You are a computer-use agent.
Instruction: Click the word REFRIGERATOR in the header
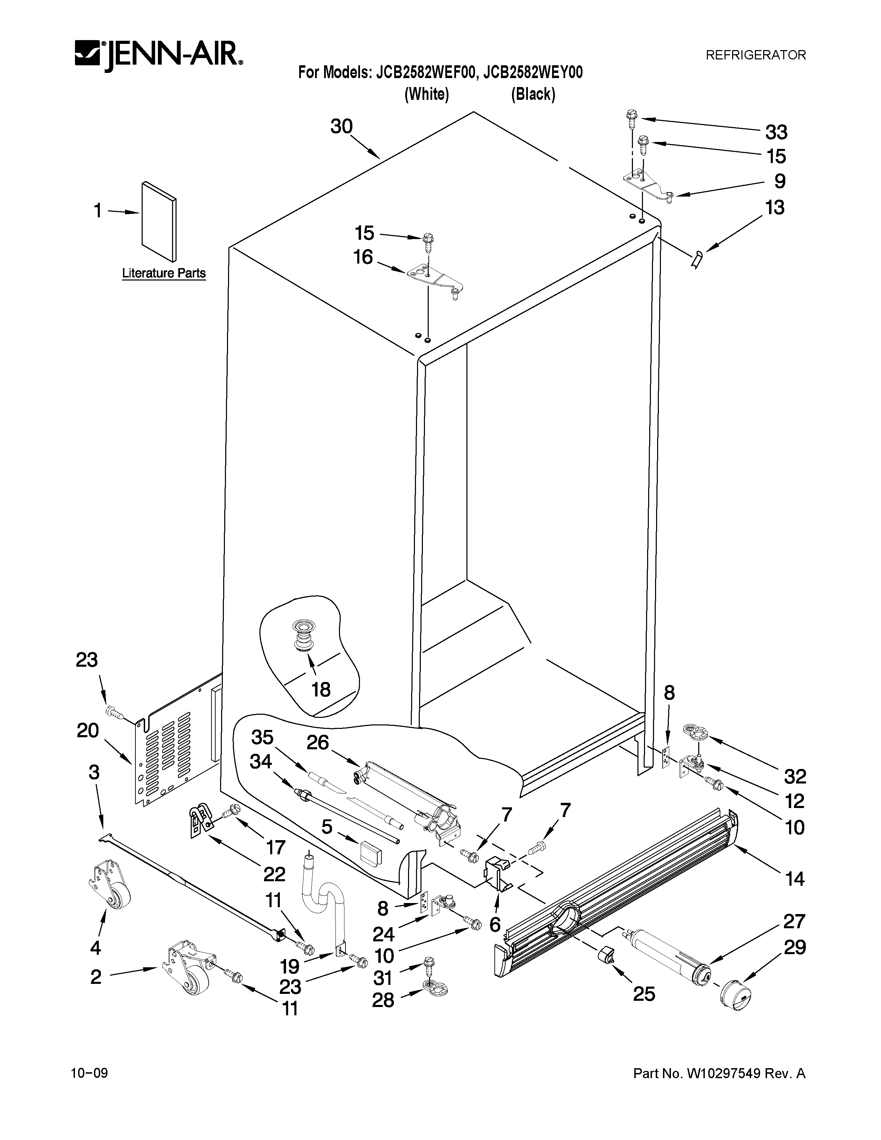755,55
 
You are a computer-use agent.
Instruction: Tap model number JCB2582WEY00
532,73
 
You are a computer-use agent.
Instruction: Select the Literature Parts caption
163,273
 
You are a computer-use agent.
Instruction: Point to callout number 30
341,126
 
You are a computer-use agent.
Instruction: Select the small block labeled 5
369,854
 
